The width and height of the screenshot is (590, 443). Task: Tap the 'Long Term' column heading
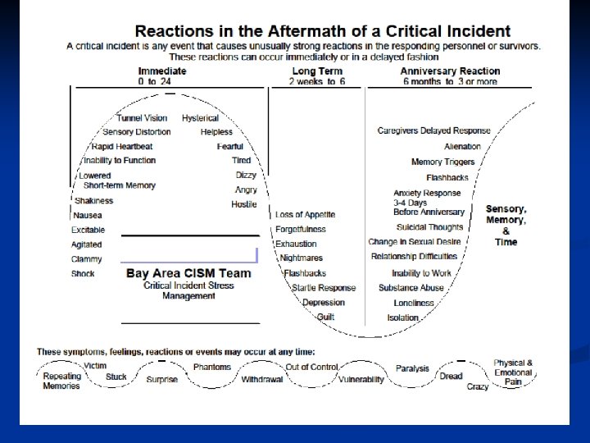(317, 71)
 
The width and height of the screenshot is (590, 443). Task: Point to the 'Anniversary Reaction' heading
(450, 71)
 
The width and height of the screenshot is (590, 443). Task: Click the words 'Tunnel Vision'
(142, 118)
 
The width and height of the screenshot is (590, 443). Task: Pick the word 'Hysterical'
(201, 118)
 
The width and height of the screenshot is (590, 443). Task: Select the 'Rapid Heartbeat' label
(122, 146)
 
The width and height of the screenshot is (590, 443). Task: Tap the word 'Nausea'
(88, 215)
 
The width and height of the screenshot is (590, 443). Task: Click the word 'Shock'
(83, 274)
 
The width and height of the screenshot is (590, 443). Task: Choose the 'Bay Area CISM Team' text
(188, 273)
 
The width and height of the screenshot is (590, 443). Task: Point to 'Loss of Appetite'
(306, 215)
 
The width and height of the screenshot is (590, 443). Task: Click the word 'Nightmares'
(301, 258)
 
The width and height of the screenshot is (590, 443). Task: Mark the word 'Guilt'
(325, 317)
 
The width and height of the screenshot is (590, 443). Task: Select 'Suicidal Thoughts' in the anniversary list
(429, 227)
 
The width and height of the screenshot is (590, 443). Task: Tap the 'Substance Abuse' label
(411, 288)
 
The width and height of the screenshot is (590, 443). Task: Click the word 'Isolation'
(403, 317)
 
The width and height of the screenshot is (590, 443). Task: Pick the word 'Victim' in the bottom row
(95, 366)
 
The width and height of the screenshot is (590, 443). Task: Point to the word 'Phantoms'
(212, 367)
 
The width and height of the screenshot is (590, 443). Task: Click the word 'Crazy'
(478, 386)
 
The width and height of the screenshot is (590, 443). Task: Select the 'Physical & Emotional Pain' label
(513, 372)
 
